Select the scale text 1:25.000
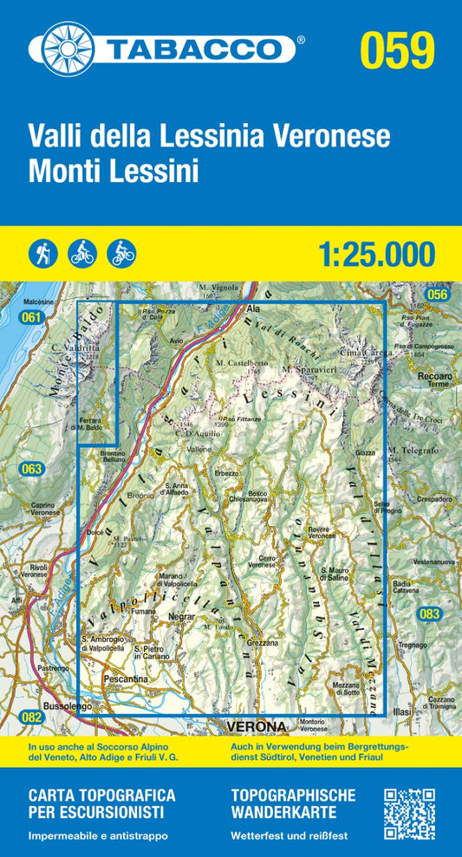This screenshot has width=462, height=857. click(376, 254)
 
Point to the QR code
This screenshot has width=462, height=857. click(408, 813)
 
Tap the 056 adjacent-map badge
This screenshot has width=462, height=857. click(438, 295)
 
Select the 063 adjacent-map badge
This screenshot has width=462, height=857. click(31, 470)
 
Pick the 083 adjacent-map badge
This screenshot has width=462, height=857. click(430, 614)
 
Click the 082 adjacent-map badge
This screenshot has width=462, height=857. click(31, 716)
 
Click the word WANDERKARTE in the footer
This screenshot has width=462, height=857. click(281, 812)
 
